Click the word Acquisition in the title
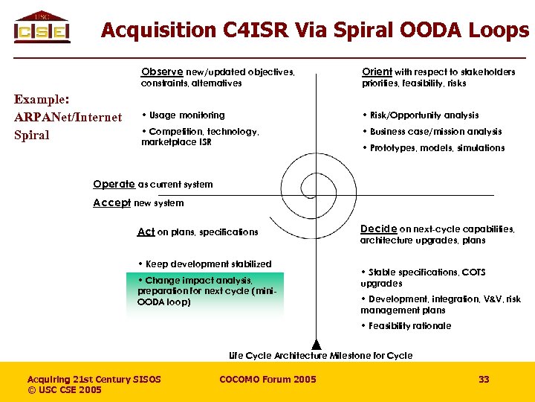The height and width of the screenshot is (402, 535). point(157,31)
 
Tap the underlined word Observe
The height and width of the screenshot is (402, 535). point(162,72)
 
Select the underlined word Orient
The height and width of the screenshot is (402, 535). point(377,72)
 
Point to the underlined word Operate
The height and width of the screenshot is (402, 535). point(114,184)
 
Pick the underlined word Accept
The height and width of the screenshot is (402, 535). point(112,202)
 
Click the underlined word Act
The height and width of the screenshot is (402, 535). point(146,232)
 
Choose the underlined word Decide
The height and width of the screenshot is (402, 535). point(378,229)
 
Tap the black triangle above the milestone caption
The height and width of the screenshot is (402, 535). point(317,342)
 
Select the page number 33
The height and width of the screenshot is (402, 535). point(484,380)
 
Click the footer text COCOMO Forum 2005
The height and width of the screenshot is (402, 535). point(267,380)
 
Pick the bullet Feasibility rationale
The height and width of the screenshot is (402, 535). point(409,326)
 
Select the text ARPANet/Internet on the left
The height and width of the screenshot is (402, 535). point(68,117)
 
